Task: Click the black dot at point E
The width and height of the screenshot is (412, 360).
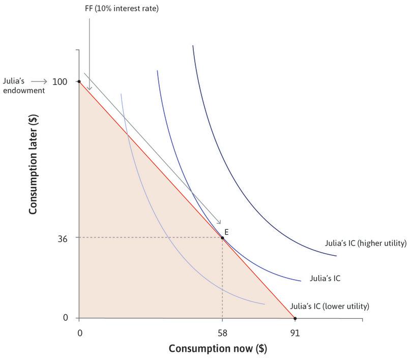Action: click(x=222, y=237)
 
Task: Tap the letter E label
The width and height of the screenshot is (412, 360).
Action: click(x=226, y=231)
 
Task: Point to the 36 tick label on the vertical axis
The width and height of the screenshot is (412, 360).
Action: click(x=63, y=237)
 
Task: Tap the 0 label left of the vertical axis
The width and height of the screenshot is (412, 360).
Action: click(x=66, y=318)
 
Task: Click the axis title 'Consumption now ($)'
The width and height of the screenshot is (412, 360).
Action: click(x=218, y=349)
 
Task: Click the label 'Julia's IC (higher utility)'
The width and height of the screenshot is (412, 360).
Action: click(x=365, y=243)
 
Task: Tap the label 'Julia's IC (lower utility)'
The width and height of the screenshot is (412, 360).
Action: click(x=329, y=307)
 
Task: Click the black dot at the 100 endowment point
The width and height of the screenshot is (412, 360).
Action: click(x=79, y=81)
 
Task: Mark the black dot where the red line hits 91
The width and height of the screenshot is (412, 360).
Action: click(x=295, y=318)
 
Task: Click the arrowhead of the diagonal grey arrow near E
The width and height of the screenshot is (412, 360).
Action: click(x=219, y=222)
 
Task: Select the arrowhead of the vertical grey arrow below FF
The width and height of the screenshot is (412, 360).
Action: click(x=90, y=89)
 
